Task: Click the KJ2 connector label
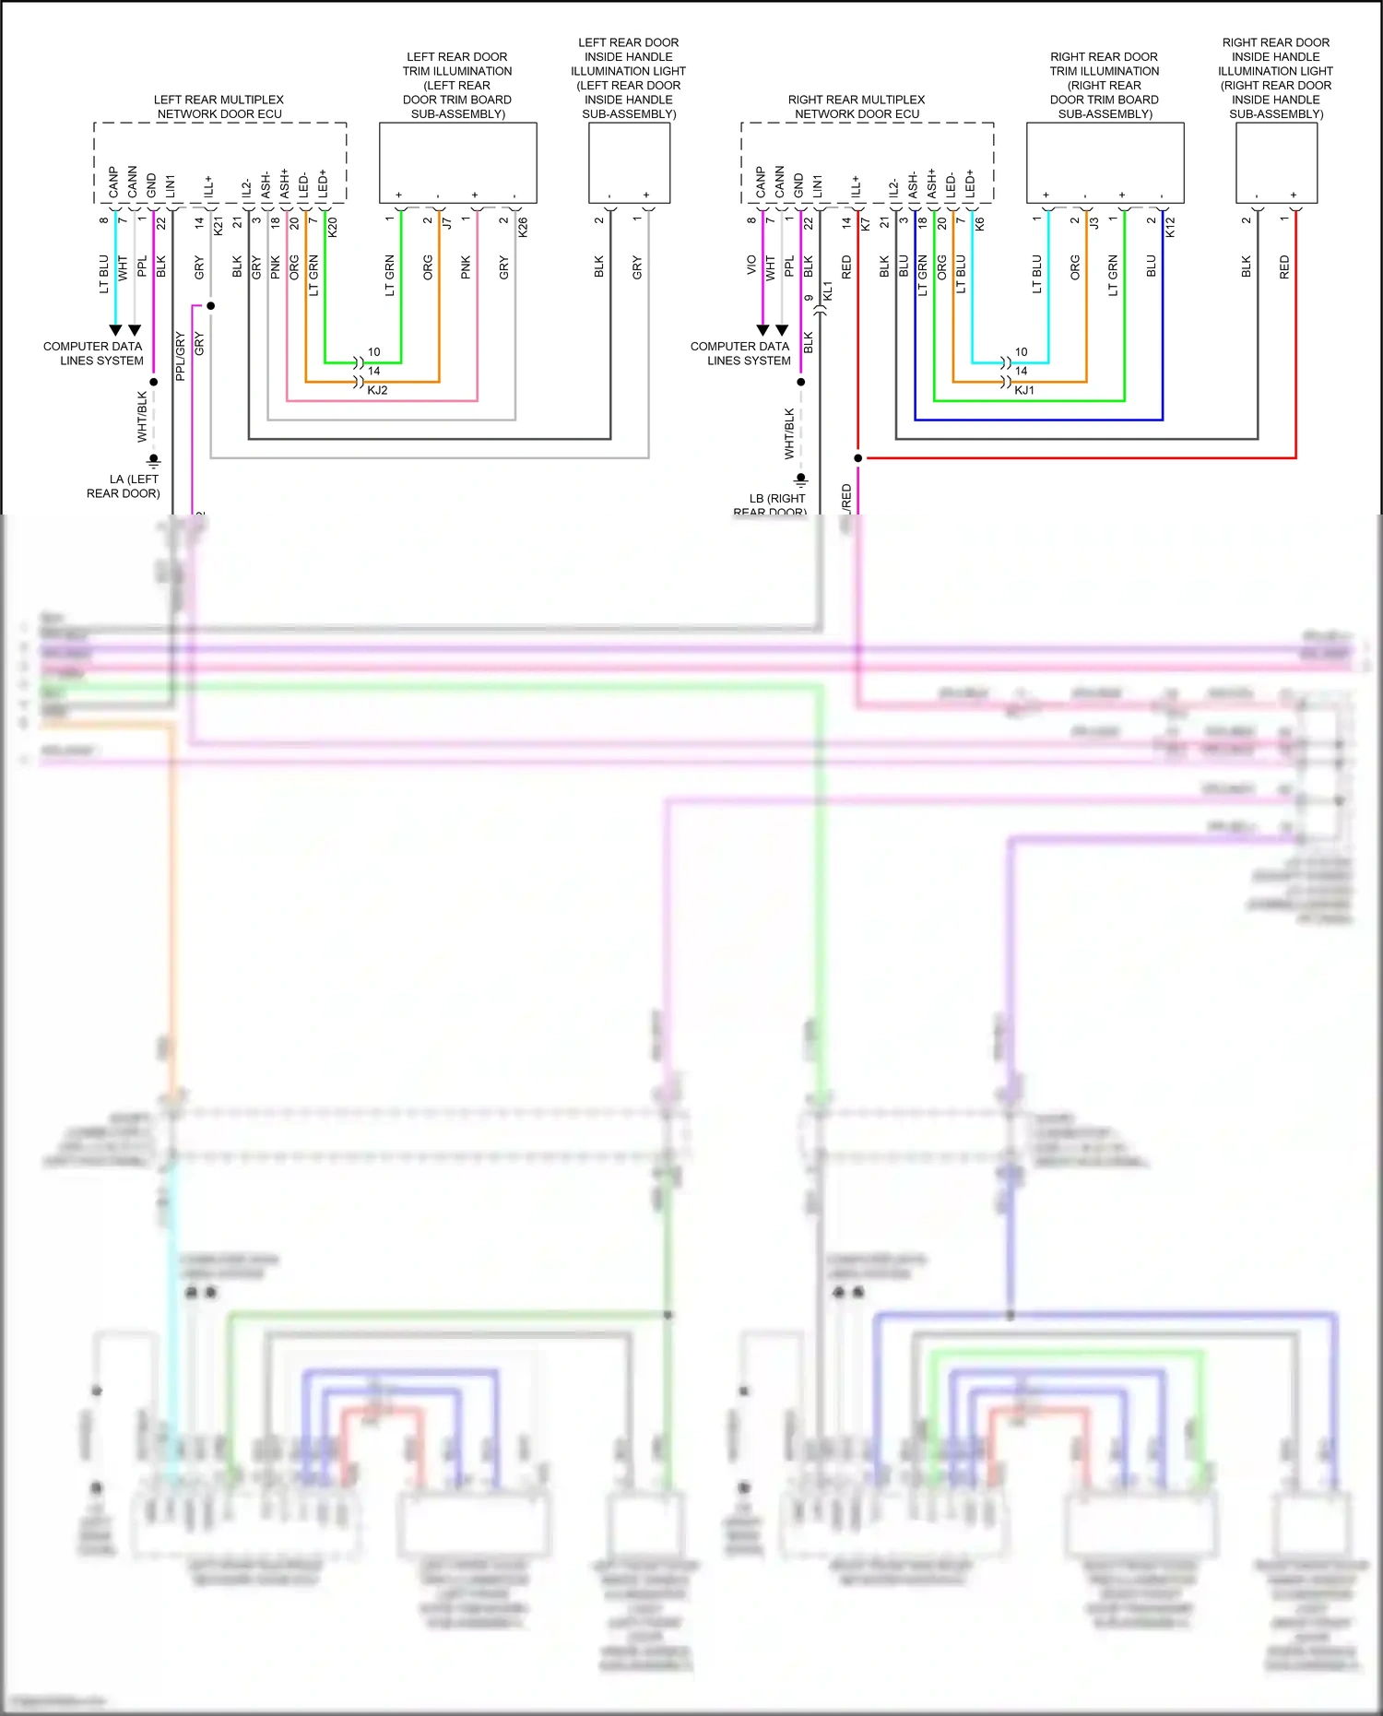point(377,390)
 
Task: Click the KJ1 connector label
point(1024,390)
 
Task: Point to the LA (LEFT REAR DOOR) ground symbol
point(154,459)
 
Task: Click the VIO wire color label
point(751,266)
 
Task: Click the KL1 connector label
point(827,290)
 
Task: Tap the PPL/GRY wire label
point(181,356)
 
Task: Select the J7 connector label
point(447,222)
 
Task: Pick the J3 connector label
point(1094,222)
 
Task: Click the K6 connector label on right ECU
point(979,223)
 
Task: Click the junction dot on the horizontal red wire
point(857,457)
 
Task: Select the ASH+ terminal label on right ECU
point(932,183)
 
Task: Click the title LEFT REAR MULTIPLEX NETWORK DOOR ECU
point(219,107)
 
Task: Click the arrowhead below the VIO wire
point(762,330)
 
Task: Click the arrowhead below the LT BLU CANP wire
point(115,330)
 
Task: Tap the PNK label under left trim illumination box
point(466,267)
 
